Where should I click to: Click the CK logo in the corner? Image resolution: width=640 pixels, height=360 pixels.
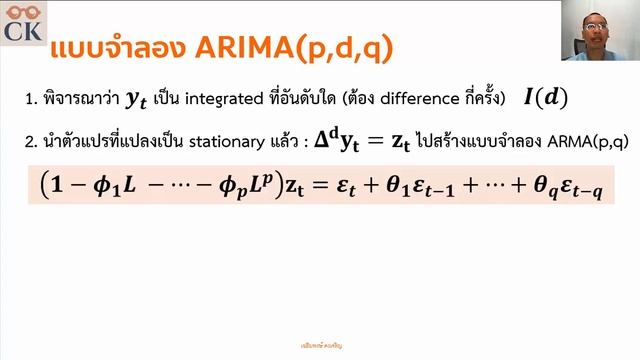22,23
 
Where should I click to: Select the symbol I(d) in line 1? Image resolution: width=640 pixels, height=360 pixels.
546,98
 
